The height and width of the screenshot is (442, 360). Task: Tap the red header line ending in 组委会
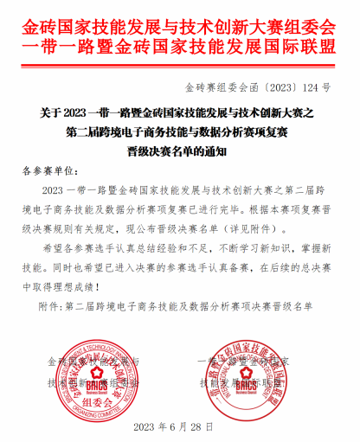pos(180,19)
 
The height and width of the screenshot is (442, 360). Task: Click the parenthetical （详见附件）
pos(258,229)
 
